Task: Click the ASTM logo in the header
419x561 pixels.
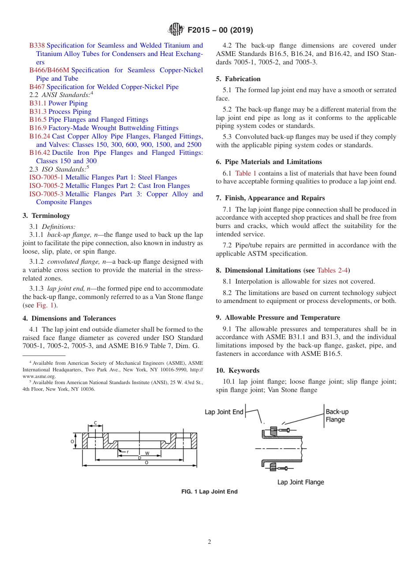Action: (176, 30)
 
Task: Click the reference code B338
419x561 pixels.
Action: (37, 45)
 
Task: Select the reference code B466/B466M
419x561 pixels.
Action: (49, 70)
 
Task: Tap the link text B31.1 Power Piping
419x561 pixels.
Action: (59, 103)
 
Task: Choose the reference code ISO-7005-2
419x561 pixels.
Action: (46, 186)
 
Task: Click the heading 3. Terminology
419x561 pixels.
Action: (46, 216)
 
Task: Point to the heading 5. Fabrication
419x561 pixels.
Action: (238, 79)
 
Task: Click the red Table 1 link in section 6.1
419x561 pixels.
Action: (246, 173)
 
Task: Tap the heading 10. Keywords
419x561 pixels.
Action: (238, 370)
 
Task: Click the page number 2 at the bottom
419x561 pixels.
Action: (209, 542)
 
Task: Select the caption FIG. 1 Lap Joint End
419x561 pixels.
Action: (209, 492)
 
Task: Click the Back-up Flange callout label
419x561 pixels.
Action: (337, 415)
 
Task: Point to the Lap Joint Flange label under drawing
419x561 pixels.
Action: (300, 482)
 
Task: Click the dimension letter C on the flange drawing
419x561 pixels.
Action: (96, 423)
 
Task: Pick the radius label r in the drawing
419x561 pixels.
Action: (127, 452)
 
